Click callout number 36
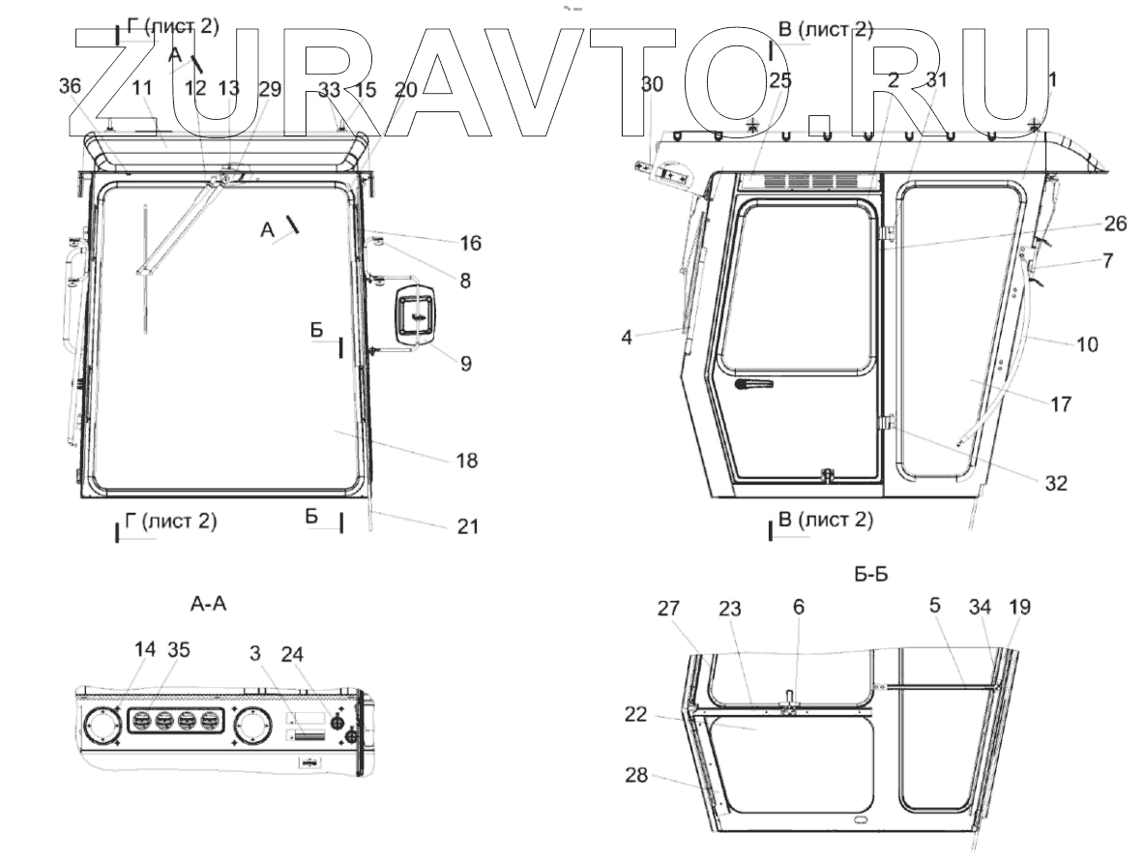70,86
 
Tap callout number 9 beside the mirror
466,363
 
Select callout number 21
468,526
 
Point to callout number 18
467,461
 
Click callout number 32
1056,483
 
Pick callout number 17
1060,403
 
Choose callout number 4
627,338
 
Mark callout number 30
652,85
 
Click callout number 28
636,774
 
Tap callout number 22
636,714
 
